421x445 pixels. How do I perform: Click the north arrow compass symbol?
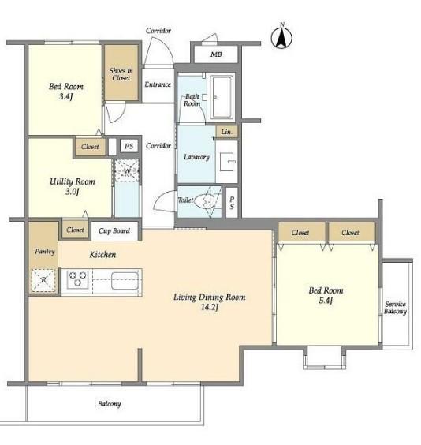281,36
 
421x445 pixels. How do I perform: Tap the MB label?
216,54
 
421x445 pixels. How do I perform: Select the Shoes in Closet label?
121,74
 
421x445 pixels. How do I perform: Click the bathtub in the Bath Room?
221,96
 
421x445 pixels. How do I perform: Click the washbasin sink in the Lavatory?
227,162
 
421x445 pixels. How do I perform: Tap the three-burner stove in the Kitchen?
78,279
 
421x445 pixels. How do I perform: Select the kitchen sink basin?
125,280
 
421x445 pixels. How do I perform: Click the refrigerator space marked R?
43,280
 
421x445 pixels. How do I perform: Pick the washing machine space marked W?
127,171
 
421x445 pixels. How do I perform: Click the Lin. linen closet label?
226,132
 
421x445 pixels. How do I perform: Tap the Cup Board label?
114,230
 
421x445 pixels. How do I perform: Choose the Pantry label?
45,252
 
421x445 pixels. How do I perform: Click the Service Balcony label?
395,308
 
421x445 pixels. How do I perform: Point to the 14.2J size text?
210,307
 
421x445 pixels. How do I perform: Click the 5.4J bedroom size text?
326,301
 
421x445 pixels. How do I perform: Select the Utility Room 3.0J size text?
72,192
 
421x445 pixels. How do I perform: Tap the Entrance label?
158,84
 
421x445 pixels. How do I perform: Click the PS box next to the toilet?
232,203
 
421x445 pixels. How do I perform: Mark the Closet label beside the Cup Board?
75,230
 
